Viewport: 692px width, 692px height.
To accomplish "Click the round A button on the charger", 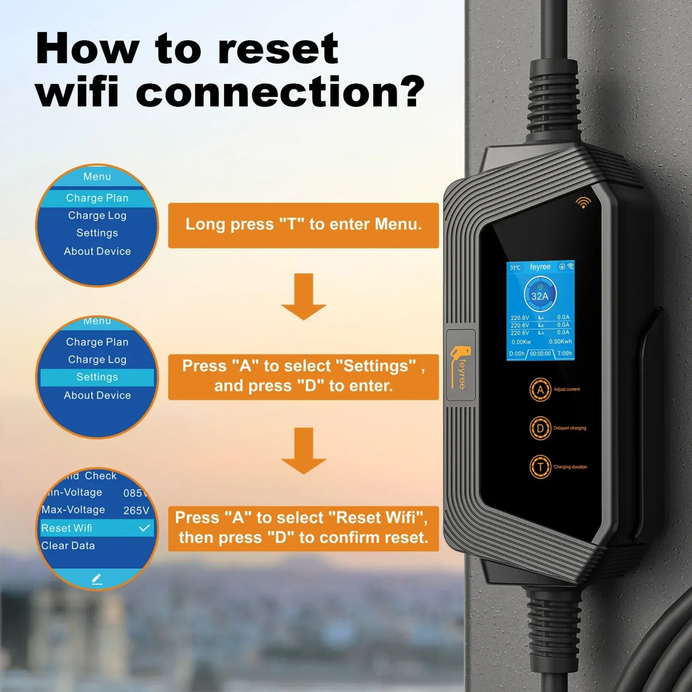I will (540, 390).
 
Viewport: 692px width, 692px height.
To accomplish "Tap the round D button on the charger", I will (540, 428).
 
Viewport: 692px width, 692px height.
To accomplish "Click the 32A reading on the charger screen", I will (540, 296).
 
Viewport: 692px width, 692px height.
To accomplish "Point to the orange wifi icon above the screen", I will (583, 202).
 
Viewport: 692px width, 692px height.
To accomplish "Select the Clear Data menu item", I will (68, 545).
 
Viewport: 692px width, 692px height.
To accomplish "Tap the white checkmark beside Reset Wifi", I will (144, 528).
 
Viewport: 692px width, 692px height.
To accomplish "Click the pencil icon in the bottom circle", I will (97, 579).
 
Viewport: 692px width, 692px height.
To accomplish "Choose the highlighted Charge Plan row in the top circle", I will (97, 198).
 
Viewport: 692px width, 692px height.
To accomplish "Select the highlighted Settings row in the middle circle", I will (97, 377).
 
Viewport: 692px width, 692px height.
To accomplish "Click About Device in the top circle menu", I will (97, 252).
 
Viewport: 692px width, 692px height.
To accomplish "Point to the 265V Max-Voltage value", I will (136, 510).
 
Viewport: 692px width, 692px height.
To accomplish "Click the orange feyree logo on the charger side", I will (460, 367).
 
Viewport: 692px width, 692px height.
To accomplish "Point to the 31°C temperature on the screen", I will (515, 268).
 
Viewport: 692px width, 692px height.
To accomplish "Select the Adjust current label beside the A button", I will (567, 389).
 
